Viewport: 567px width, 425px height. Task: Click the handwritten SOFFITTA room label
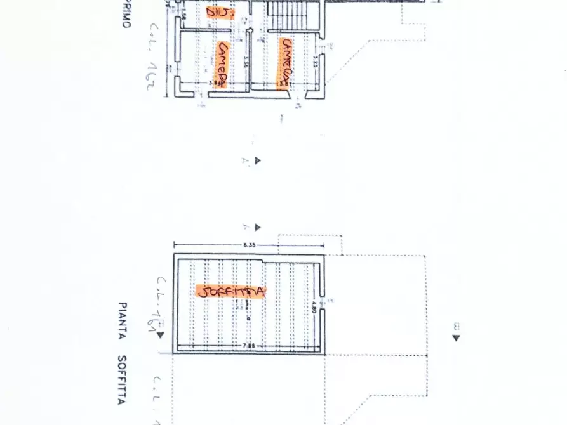click(x=231, y=292)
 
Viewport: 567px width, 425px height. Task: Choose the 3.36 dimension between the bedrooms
click(x=245, y=64)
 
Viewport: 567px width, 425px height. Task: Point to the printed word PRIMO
click(x=125, y=14)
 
